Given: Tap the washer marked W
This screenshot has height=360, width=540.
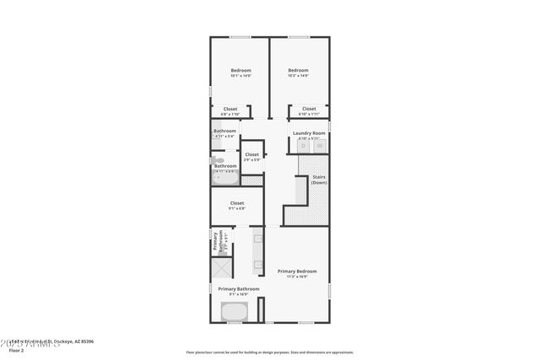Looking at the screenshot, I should [x=319, y=146].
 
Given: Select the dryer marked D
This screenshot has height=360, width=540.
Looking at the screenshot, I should [x=304, y=146].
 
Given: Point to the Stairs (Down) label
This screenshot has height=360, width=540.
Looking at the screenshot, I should [x=319, y=180].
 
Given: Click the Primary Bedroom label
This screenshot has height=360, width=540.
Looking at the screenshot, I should [x=297, y=271].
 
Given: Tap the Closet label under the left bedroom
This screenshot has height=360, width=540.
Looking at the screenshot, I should [x=230, y=110].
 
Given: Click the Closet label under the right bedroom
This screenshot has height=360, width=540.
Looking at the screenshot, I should [x=309, y=110].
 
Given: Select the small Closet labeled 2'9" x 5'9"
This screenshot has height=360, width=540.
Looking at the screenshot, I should [x=251, y=156].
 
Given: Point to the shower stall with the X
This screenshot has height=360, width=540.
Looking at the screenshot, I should [x=222, y=270].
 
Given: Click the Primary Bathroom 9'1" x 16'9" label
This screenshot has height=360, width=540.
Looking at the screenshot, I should [x=238, y=291].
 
